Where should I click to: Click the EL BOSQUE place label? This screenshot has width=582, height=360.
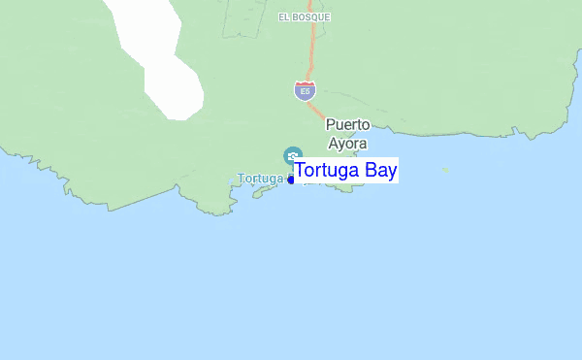[x=304, y=16]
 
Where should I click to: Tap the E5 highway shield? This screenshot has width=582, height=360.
[x=305, y=91]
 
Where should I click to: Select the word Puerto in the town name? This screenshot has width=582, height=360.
[x=347, y=124]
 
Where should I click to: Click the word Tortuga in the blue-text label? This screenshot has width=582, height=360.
[x=329, y=171]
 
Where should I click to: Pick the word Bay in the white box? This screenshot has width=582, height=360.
[x=381, y=171]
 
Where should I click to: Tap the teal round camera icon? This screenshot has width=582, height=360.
[x=292, y=155]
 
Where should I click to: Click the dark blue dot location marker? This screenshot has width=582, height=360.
[x=291, y=180]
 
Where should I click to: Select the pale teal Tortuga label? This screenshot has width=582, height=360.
[x=260, y=179]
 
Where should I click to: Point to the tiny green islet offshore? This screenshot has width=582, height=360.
[x=446, y=171]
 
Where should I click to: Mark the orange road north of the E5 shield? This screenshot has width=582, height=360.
[x=312, y=49]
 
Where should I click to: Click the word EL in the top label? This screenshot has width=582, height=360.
[x=283, y=16]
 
